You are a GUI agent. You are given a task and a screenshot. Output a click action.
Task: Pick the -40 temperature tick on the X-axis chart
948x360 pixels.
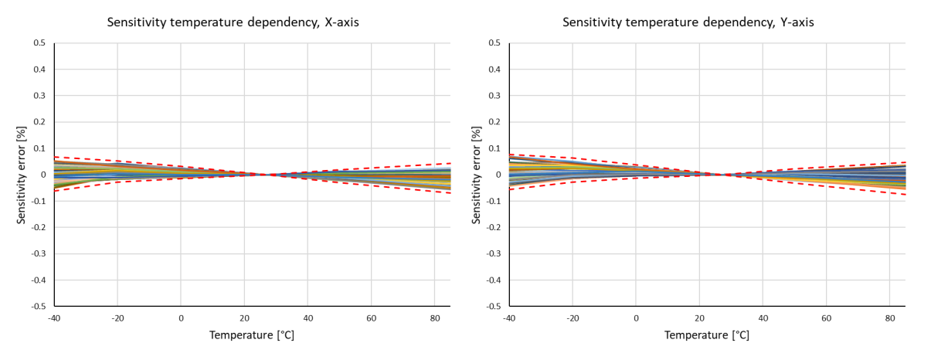(x=54, y=318)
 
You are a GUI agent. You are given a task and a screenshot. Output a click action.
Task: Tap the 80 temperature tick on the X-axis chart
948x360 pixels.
(x=434, y=318)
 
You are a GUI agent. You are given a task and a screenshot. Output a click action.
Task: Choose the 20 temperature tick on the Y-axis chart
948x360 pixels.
(x=700, y=318)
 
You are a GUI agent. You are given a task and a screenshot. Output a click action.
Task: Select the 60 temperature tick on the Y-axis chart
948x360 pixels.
(x=827, y=318)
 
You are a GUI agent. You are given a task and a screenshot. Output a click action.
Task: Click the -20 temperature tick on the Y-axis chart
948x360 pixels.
(x=573, y=318)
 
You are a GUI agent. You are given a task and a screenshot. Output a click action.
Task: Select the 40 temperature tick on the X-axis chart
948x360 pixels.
(x=308, y=318)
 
